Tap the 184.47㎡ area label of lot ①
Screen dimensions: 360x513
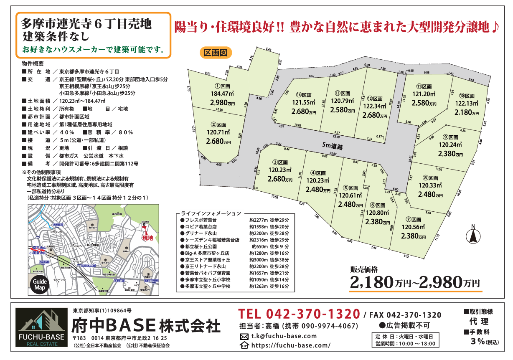(x=223, y=94)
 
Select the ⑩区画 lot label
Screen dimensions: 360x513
(x=464, y=96)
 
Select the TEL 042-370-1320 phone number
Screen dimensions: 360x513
(x=299, y=314)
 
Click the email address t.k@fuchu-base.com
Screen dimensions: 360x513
(x=284, y=336)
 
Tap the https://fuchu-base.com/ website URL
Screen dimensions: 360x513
(x=291, y=345)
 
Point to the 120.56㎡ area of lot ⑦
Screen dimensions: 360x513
(x=413, y=228)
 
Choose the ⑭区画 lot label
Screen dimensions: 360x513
(x=305, y=95)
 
